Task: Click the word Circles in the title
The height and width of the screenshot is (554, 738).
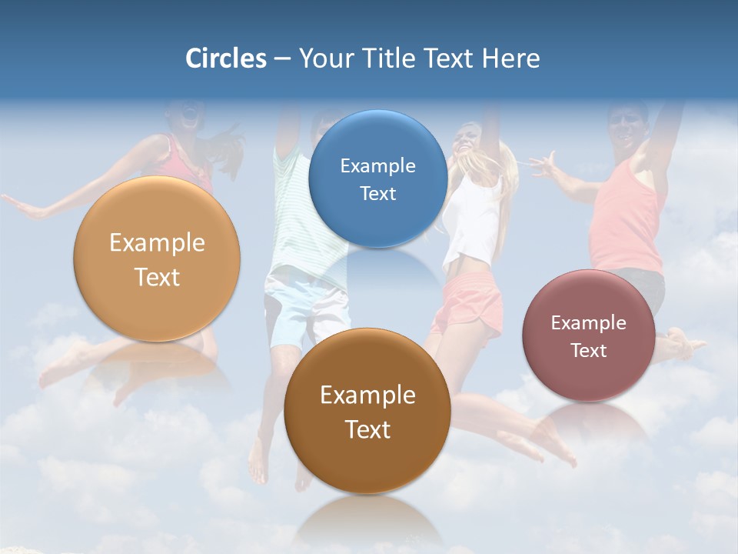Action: click(226, 58)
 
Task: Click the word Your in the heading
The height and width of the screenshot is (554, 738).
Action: click(326, 58)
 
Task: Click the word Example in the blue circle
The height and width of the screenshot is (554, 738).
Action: click(377, 165)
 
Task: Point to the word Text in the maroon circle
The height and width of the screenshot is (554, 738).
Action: click(589, 350)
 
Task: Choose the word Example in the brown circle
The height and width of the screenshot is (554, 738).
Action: click(367, 395)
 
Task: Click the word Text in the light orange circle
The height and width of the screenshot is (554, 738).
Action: click(157, 277)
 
